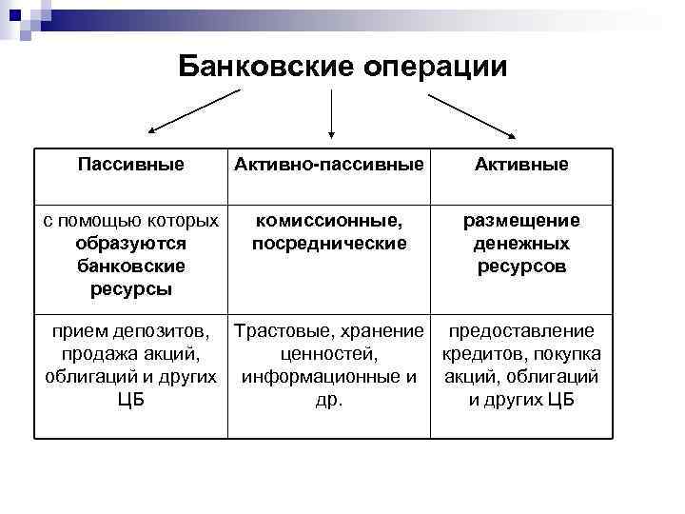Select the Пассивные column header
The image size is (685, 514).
click(x=130, y=165)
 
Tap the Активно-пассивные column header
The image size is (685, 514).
click(x=328, y=165)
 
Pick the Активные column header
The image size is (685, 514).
click(x=522, y=165)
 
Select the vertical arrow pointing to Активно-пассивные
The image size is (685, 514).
click(x=330, y=114)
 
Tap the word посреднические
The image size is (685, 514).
click(x=328, y=244)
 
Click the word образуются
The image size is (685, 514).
click(x=130, y=244)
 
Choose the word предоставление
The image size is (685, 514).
click(x=521, y=331)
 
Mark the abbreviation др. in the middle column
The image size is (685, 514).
click(x=328, y=400)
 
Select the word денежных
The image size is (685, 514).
click(x=521, y=244)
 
